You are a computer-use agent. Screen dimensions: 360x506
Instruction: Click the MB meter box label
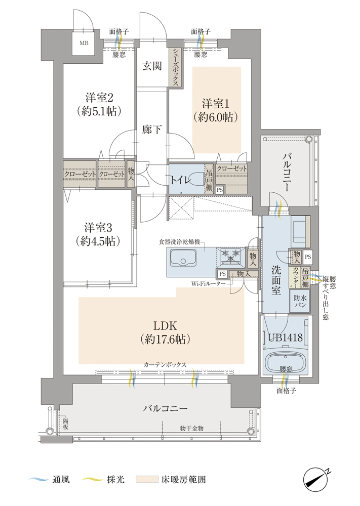pos(84,43)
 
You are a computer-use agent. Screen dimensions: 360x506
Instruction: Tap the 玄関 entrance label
pos(152,66)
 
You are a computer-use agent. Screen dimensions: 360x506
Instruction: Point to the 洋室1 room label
pos(216,104)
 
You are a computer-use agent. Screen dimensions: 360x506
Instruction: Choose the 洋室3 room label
pos(98,228)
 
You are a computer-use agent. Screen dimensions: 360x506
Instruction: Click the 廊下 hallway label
pos(152,130)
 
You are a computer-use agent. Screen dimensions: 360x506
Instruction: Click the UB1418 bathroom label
pos(286,338)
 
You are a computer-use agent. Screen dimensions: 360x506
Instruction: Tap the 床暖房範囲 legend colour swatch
pos(147,479)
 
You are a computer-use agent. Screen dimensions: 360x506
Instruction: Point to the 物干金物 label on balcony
pos(192,428)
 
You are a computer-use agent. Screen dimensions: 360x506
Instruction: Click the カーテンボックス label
pos(165,364)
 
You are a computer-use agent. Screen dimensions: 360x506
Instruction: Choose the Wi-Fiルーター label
pos(208,283)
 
